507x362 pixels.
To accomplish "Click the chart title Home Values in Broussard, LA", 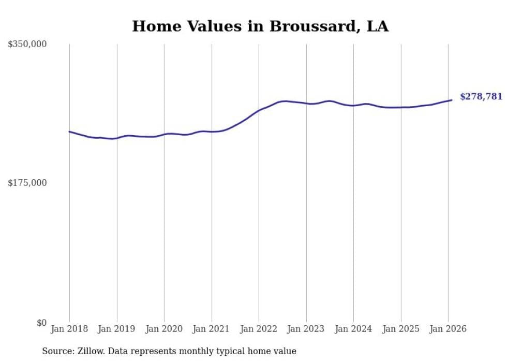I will (260, 26).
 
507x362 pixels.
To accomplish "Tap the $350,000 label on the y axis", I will (27, 45).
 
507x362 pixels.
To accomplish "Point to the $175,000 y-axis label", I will (27, 183).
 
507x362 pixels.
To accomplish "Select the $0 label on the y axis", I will (41, 323).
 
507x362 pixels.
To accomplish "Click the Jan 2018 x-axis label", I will (69, 329).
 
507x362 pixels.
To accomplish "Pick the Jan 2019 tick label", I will (117, 329).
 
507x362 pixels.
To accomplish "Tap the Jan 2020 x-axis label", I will (164, 329).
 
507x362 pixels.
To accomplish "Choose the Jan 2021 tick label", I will (212, 329).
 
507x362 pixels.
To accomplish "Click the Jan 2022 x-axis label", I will (259, 329).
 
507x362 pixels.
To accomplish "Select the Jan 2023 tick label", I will (306, 329).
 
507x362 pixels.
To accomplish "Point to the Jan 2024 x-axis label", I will (353, 329).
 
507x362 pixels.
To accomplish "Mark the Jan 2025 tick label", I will (401, 329).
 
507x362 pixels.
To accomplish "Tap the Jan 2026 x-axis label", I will (448, 329).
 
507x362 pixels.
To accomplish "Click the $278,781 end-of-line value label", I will (481, 96).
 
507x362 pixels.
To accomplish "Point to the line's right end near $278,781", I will (452, 100).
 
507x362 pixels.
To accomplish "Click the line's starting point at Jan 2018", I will (69, 132).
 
